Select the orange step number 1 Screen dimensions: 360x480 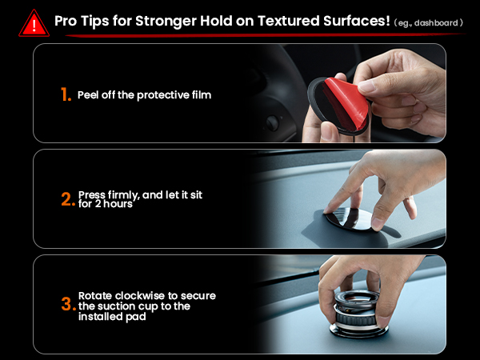[66, 94]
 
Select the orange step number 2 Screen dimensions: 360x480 [67, 199]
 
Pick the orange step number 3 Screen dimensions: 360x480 [67, 306]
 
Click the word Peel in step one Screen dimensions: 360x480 [90, 94]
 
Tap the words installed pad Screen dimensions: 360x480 [111, 316]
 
